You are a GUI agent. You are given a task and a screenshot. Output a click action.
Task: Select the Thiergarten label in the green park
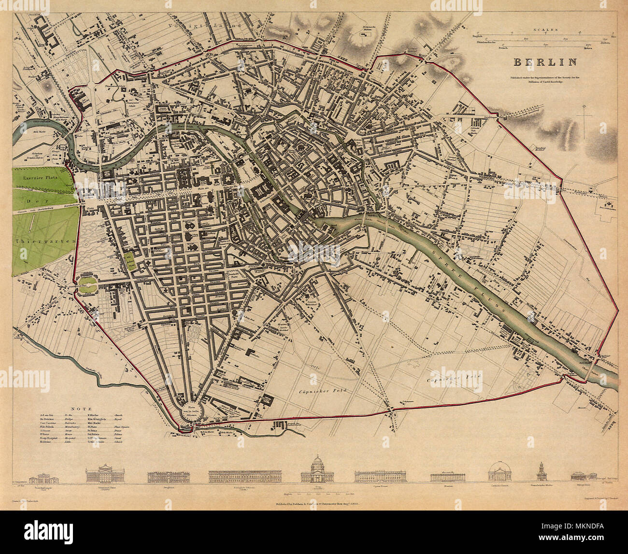(44, 240)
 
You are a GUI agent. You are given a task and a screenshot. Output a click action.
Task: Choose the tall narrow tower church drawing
(541, 471)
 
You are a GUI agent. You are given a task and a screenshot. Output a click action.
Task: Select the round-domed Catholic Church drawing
(498, 472)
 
